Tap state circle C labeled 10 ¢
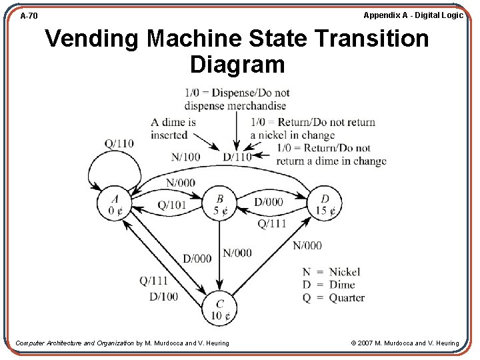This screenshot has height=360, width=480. [x=220, y=308]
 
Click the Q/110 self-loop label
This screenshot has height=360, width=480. [x=119, y=143]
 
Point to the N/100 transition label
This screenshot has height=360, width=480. [x=185, y=157]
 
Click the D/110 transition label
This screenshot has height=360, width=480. [x=237, y=157]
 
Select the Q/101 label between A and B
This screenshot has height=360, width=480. [x=172, y=205]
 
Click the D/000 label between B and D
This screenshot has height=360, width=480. [x=268, y=202]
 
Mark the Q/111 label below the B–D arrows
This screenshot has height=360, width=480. [x=271, y=223]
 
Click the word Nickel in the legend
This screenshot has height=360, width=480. [x=344, y=272]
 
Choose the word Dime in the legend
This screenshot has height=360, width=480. [x=342, y=285]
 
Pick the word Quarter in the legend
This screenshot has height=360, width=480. [x=347, y=297]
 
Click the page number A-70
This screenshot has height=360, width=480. [x=29, y=15]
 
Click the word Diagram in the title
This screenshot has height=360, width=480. [x=237, y=65]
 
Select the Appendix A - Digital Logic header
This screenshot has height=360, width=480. [x=413, y=15]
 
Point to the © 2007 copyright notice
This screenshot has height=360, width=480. [x=405, y=343]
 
